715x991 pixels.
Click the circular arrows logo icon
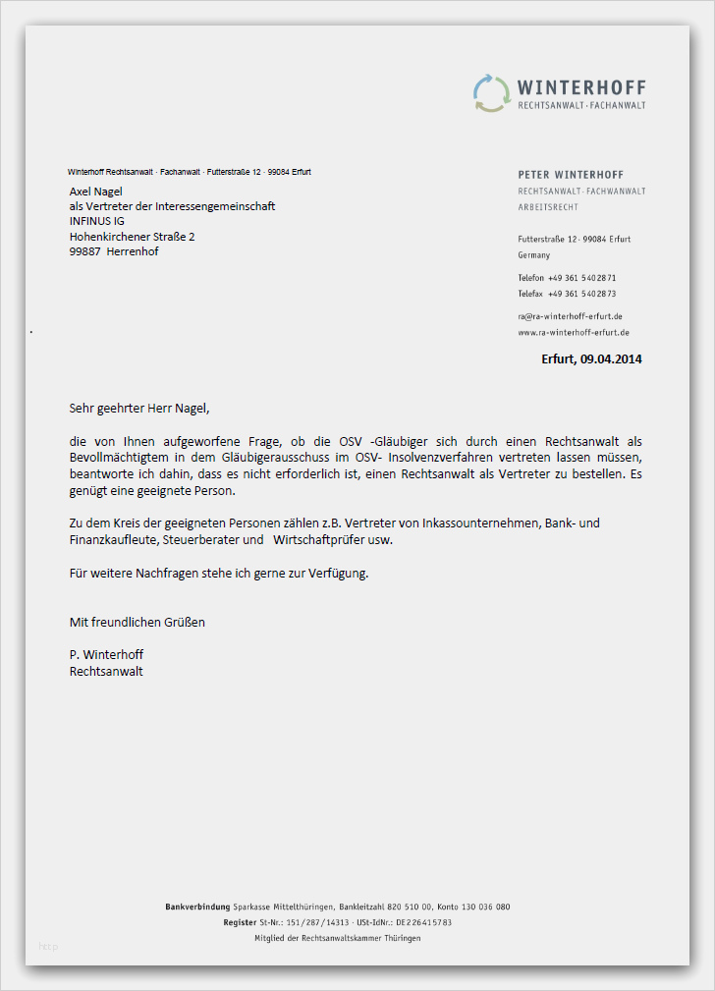[x=491, y=92]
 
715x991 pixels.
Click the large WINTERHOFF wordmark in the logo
[x=581, y=87]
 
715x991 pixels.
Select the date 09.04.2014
[x=610, y=359]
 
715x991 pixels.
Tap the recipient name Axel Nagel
[x=96, y=191]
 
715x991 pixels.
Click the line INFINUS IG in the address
[x=96, y=221]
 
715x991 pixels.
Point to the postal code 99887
[x=85, y=251]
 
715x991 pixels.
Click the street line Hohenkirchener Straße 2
[x=132, y=236]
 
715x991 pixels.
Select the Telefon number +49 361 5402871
[x=581, y=278]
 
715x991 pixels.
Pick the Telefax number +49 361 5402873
[x=581, y=294]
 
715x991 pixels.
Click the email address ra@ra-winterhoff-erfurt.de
[x=570, y=316]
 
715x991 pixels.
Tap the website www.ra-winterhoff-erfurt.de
[x=574, y=332]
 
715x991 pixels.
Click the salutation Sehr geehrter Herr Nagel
[x=139, y=408]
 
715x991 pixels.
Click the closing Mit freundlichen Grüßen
[x=137, y=622]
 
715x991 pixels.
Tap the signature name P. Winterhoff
[x=99, y=654]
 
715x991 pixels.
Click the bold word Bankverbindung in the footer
[x=197, y=907]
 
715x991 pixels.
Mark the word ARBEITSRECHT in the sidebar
[x=548, y=207]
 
